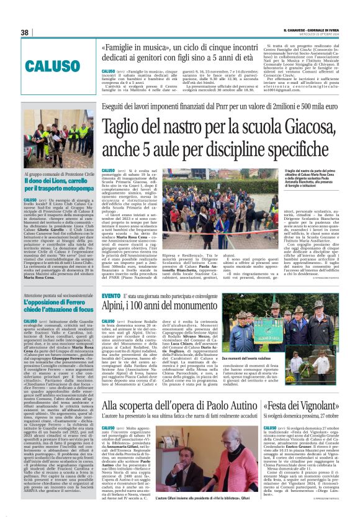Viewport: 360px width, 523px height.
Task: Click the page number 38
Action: click(24, 32)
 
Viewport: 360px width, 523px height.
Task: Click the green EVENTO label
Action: click(111, 296)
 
